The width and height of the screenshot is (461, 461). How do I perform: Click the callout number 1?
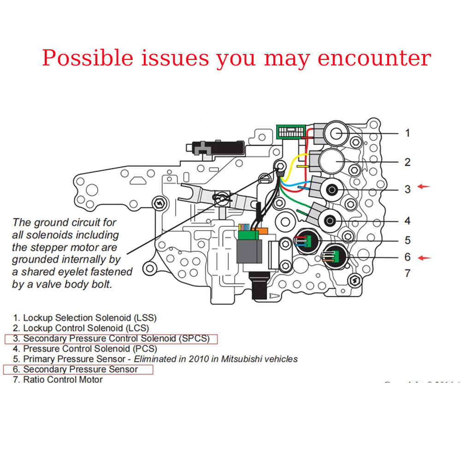[407, 133]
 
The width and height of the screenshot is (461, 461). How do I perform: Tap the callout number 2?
[407, 162]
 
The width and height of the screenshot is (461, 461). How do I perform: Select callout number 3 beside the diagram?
[407, 189]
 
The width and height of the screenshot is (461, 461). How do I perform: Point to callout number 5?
[407, 240]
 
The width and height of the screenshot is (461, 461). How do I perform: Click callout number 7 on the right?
[407, 273]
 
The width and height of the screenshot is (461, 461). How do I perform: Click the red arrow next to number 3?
[424, 187]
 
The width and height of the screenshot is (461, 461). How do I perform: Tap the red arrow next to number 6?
[424, 258]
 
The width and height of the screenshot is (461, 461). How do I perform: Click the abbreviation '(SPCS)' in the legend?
[194, 339]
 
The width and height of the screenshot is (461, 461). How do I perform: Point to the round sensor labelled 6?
[335, 257]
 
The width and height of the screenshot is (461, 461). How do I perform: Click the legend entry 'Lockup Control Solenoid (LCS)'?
[86, 328]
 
